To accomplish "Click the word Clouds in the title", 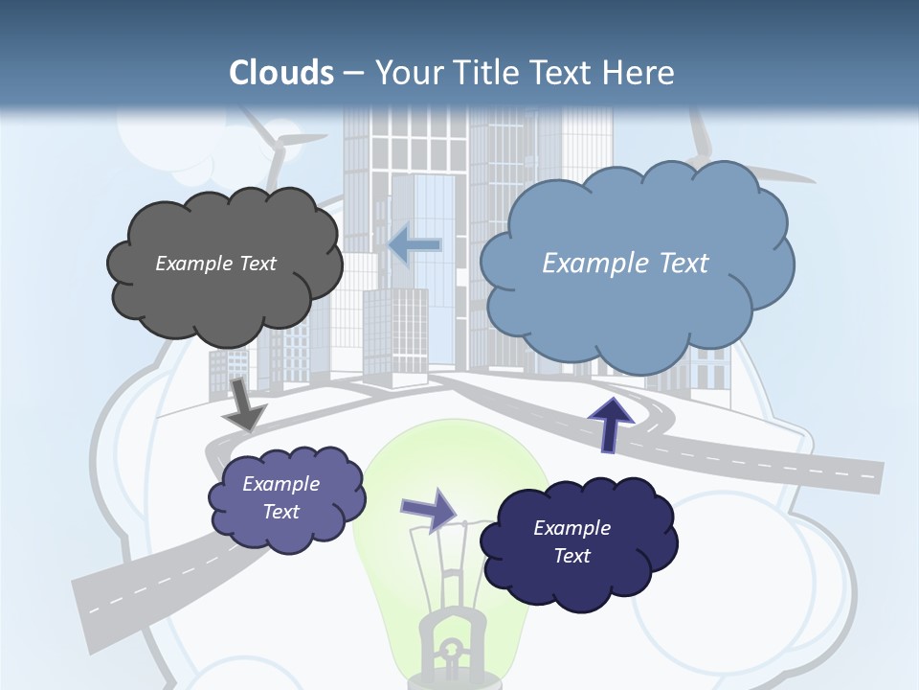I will (x=281, y=73).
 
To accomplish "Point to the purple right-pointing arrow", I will (x=429, y=510).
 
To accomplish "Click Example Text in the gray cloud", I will (x=215, y=264).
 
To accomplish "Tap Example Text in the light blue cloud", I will (x=625, y=264).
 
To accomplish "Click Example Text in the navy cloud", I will (x=572, y=541).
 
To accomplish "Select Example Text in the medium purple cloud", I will (x=280, y=497).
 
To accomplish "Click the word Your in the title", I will (x=408, y=73).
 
